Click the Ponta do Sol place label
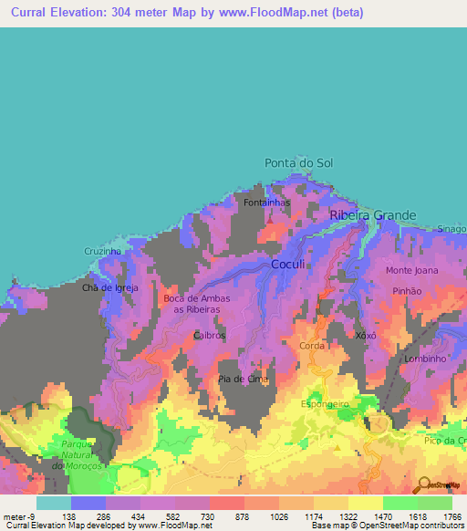coord(298,162)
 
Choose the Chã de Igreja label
coord(109,287)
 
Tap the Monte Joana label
coord(411,271)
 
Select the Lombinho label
coord(425,359)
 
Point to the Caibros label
coord(209,335)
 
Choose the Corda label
coord(311,346)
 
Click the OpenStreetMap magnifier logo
coord(423,485)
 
